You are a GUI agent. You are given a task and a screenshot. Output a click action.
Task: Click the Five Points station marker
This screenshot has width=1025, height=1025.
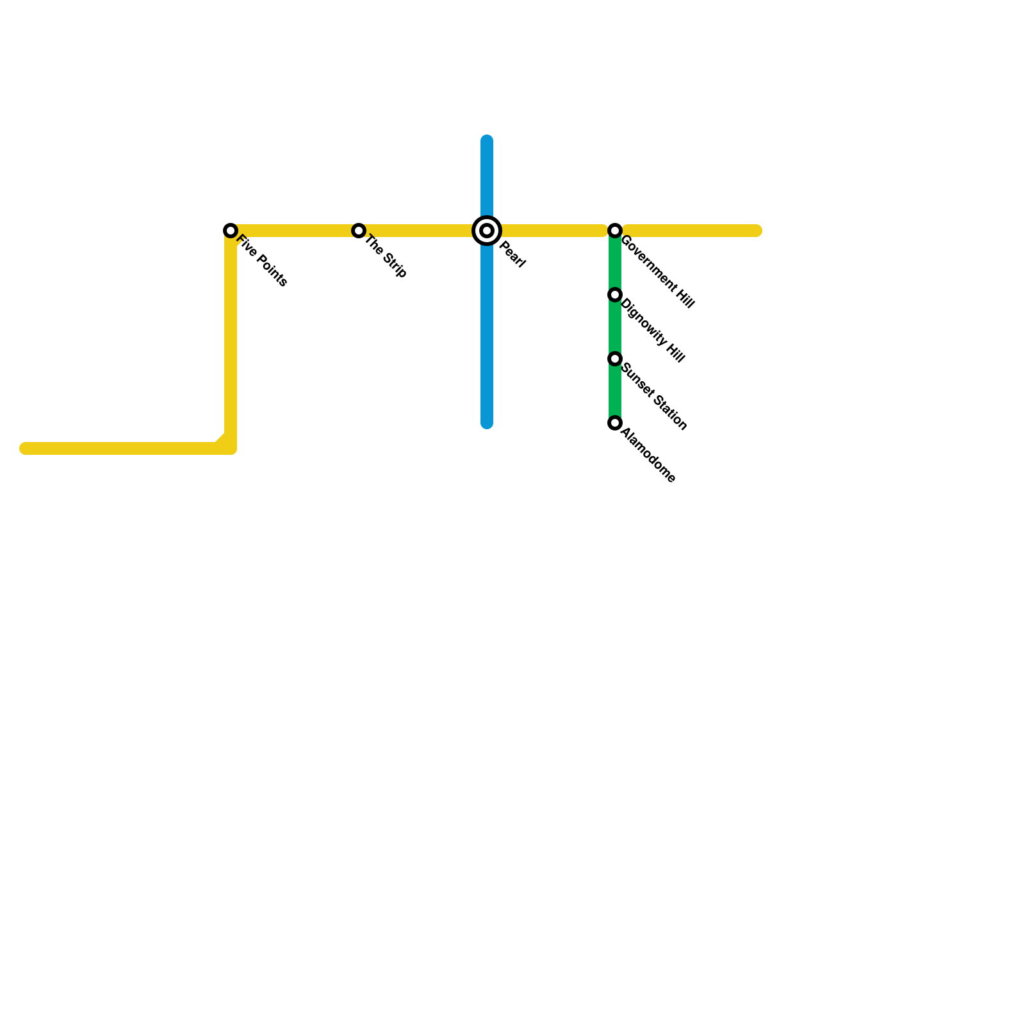(x=231, y=231)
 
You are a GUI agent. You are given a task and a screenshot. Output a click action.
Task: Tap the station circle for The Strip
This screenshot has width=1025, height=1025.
(x=359, y=231)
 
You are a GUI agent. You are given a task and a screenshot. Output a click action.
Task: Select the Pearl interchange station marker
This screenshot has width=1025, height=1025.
(x=487, y=231)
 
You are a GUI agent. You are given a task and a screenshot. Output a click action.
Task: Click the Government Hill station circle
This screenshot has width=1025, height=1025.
(x=615, y=231)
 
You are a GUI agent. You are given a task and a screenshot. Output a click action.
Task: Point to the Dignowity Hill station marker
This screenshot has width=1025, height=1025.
(x=615, y=295)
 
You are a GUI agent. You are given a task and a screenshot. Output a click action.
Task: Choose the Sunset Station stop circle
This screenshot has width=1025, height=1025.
(x=615, y=359)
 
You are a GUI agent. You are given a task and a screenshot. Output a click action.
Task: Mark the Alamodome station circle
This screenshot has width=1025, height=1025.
(x=615, y=423)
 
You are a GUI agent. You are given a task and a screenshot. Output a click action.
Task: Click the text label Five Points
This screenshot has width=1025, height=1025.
(x=262, y=261)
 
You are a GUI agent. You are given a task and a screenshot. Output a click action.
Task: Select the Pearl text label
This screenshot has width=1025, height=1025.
(x=512, y=254)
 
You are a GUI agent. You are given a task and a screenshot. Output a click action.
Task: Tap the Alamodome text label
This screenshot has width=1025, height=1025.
(x=648, y=455)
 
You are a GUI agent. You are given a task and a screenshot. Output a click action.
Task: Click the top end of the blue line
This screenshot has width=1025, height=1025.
(x=487, y=140)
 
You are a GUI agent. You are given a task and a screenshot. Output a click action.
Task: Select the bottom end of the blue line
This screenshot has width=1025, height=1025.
(x=487, y=423)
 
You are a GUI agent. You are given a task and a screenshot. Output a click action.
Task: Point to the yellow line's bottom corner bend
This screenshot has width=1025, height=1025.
(x=231, y=448)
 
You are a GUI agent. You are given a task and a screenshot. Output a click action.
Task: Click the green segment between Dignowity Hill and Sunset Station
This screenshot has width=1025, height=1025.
(x=615, y=327)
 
